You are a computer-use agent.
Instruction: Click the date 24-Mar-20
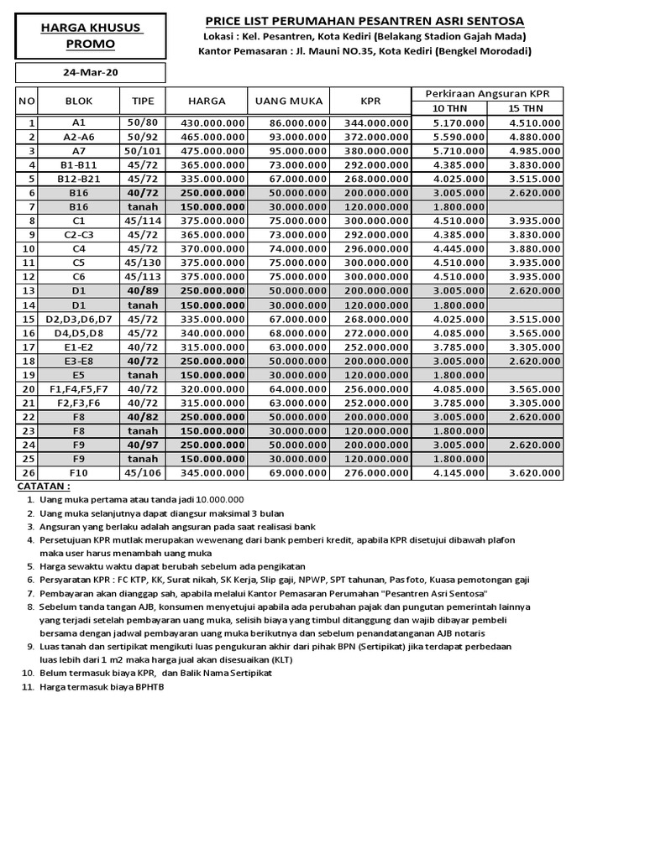click(91, 73)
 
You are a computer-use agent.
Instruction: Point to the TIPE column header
click(143, 101)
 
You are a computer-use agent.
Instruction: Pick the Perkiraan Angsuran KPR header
click(487, 92)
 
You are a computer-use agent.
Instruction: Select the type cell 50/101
click(143, 151)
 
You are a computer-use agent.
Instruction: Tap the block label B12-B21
click(79, 179)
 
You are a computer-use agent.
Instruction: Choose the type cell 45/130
click(143, 263)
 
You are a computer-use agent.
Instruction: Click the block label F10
click(79, 474)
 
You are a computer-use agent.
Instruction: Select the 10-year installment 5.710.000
click(459, 151)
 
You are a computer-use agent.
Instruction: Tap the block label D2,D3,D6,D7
click(79, 319)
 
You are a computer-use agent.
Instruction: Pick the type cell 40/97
click(143, 445)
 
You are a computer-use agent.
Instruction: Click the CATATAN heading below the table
click(45, 486)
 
